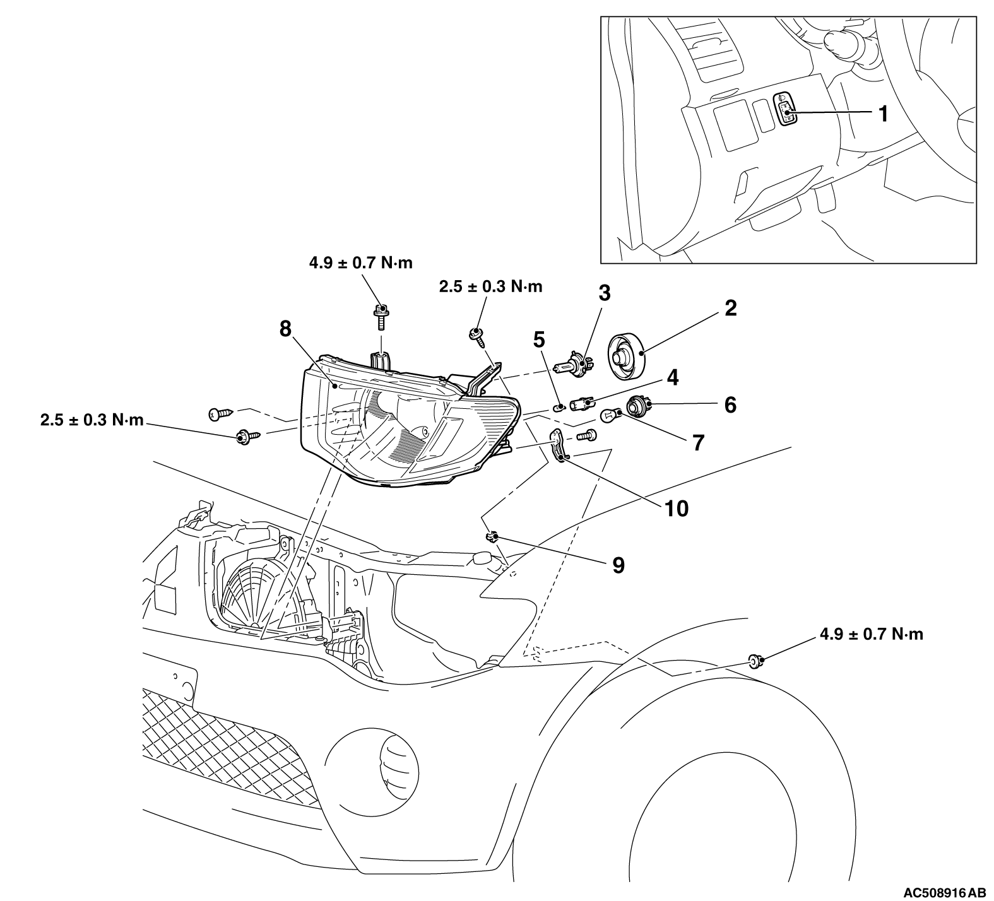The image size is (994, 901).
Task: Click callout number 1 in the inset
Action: pyautogui.click(x=883, y=114)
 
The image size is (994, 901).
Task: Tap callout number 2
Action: pyautogui.click(x=730, y=309)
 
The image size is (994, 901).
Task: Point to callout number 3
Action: pyautogui.click(x=604, y=293)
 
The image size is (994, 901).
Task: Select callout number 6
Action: pyautogui.click(x=730, y=404)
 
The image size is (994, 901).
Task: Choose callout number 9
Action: pyautogui.click(x=618, y=565)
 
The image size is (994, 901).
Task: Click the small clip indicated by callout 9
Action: pyautogui.click(x=492, y=537)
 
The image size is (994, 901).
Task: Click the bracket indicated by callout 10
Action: pyautogui.click(x=557, y=445)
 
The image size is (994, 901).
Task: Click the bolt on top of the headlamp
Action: pyautogui.click(x=380, y=315)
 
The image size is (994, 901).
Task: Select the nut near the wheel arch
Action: pyautogui.click(x=754, y=661)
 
